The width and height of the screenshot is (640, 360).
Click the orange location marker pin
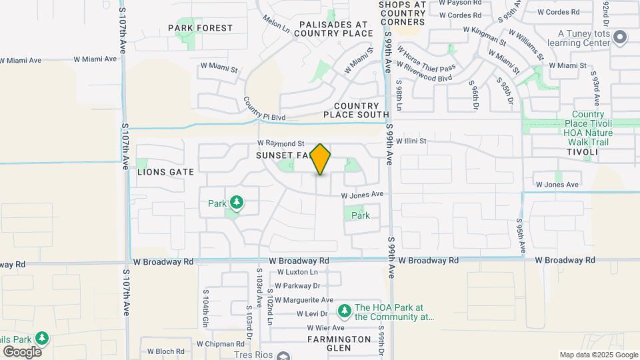(x=321, y=159)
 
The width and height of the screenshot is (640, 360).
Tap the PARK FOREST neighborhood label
(x=200, y=28)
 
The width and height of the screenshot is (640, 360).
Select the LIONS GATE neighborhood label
(x=165, y=172)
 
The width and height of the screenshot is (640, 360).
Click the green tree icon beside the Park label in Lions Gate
(x=236, y=202)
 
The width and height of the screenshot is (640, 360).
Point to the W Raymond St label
(x=281, y=143)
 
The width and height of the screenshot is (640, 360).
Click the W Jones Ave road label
(x=363, y=195)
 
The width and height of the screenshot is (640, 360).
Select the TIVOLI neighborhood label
(x=582, y=153)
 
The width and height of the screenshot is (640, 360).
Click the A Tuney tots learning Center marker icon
(x=621, y=37)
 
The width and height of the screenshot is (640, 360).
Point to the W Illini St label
(x=411, y=141)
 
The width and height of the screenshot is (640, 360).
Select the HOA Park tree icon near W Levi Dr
(x=344, y=310)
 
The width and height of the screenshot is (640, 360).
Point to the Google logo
(x=22, y=351)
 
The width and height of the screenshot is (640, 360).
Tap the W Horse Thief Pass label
(x=425, y=59)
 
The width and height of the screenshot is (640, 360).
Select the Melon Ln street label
(x=276, y=25)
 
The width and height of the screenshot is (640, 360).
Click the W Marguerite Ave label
(x=304, y=300)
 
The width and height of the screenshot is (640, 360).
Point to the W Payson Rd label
(x=459, y=3)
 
